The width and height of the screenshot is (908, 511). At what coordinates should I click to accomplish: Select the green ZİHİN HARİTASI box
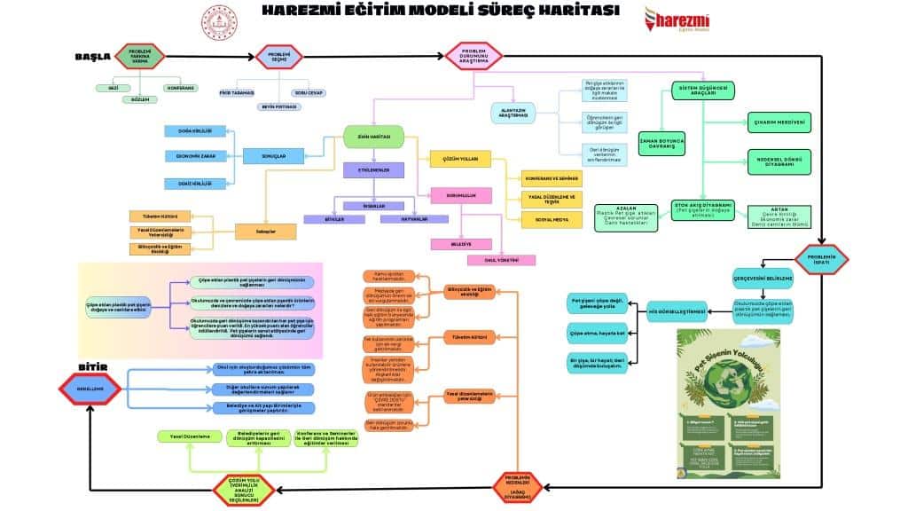(374, 137)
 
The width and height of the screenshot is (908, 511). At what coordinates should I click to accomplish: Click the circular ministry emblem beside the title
(215, 19)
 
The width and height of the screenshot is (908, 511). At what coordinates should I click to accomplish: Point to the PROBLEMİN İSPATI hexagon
(822, 259)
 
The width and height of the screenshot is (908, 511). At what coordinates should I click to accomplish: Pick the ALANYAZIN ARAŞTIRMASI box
(516, 114)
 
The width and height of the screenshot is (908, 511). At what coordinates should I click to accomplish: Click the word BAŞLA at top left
(92, 57)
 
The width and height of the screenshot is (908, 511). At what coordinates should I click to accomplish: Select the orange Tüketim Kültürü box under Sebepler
(160, 216)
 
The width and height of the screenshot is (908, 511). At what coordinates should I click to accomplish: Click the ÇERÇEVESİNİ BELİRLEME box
(762, 277)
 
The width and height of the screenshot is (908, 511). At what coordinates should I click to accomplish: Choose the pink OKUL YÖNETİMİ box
(503, 260)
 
